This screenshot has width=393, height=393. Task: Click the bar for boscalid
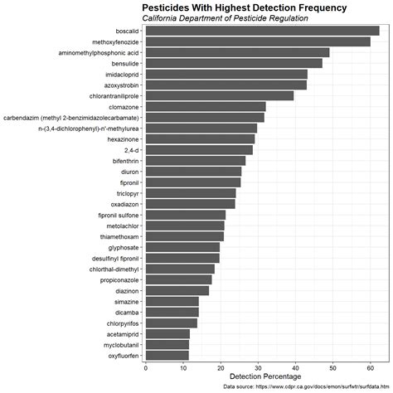click(262, 31)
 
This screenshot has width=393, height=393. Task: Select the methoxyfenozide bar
click(258, 41)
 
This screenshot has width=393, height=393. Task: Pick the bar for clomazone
click(206, 106)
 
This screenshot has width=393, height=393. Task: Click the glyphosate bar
click(182, 247)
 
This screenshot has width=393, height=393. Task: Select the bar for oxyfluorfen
click(167, 356)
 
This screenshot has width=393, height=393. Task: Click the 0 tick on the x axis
click(146, 367)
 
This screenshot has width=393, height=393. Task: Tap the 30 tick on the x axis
click(259, 367)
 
